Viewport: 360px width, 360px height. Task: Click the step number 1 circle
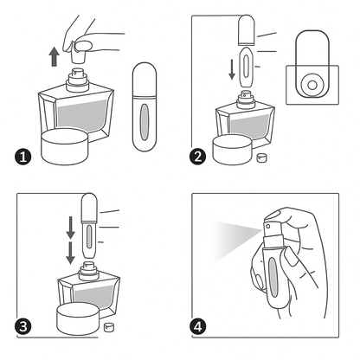click(22, 157)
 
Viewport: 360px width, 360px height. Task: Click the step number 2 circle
click(198, 157)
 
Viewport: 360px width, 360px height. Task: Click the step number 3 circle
click(23, 327)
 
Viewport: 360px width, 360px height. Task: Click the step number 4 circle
click(198, 327)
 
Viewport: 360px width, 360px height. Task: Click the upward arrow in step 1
click(54, 57)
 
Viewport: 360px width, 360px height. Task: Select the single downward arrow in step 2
click(232, 70)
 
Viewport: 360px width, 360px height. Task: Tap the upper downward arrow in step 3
click(70, 228)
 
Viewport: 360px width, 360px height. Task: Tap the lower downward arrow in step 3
click(70, 253)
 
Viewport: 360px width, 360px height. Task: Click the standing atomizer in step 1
click(145, 106)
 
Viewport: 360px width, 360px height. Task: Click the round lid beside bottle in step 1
click(65, 146)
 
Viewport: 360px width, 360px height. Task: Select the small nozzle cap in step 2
click(262, 157)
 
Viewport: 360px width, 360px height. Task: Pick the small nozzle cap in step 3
click(109, 327)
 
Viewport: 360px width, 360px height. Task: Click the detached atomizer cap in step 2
click(247, 30)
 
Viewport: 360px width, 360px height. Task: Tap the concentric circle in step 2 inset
click(312, 85)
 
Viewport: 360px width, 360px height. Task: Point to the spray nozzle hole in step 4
click(268, 226)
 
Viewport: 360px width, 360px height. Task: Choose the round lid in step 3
click(78, 318)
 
